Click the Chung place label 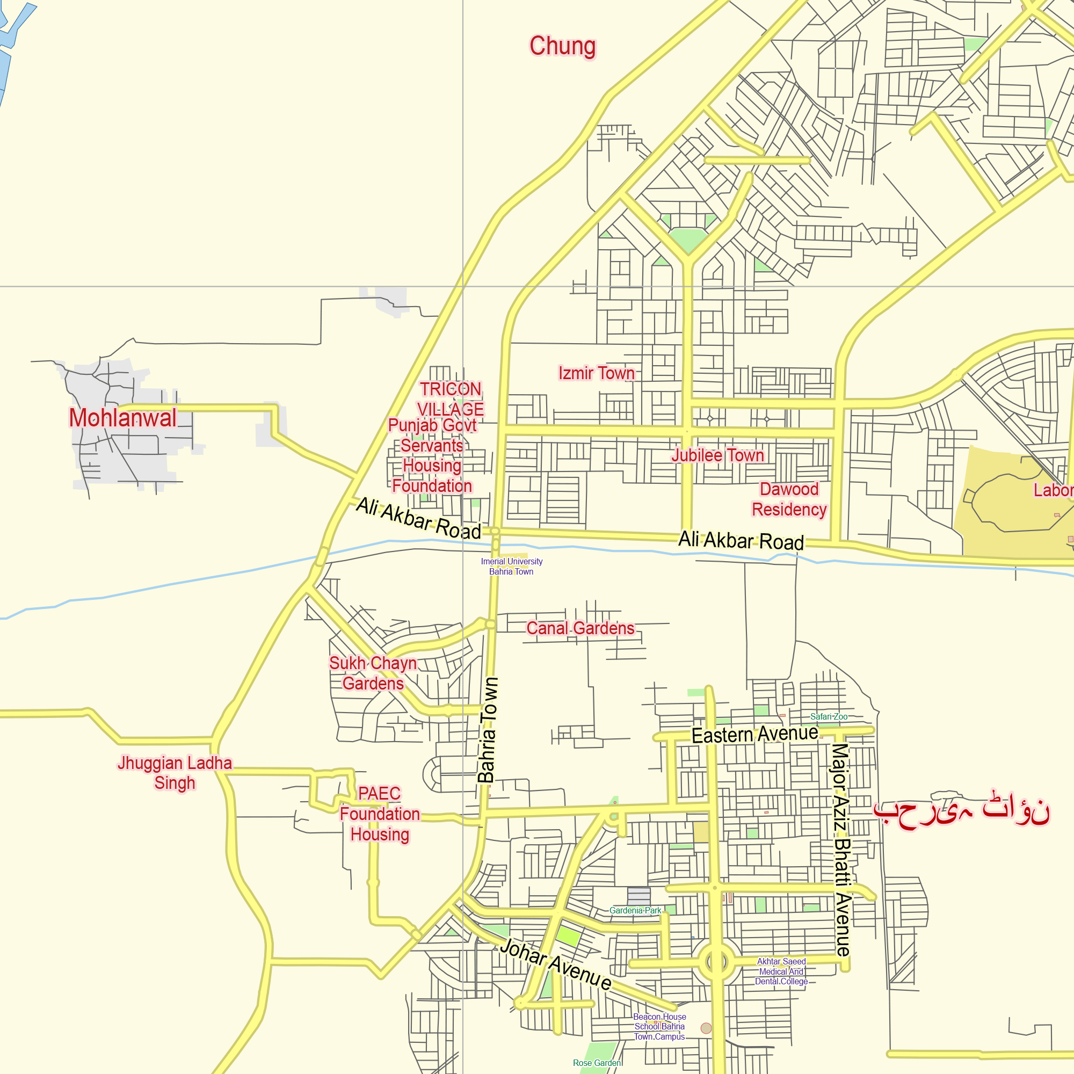(x=562, y=46)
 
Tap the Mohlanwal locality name (x=123, y=418)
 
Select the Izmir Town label (x=597, y=373)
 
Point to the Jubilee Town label (x=717, y=455)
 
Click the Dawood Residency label (x=789, y=499)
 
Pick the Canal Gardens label (x=580, y=628)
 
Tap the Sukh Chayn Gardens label (x=373, y=673)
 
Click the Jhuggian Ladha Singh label (x=175, y=773)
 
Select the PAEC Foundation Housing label (x=380, y=814)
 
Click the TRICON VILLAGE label (x=451, y=398)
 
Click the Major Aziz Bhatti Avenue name (x=841, y=850)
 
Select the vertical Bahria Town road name (x=488, y=730)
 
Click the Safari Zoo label (x=828, y=716)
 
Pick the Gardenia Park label (x=635, y=911)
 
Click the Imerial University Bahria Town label (x=511, y=567)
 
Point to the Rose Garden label (x=597, y=1063)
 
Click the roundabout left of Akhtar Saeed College (x=716, y=962)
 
